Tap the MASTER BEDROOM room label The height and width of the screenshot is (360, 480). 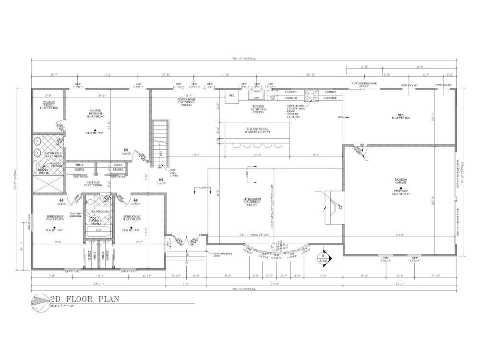coord(95,113)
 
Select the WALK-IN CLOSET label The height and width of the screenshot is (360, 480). coord(48,105)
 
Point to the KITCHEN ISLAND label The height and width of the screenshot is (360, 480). coord(257,130)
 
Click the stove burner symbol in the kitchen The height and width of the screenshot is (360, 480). coord(312,96)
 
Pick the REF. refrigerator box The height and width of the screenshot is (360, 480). coord(232,96)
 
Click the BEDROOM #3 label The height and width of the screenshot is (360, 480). coord(55,217)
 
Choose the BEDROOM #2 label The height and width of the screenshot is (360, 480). coord(131,217)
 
